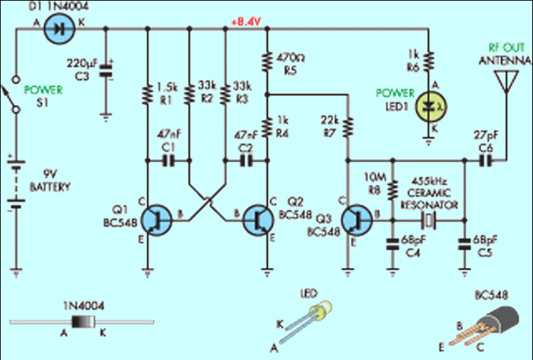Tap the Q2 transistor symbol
tap(256, 220)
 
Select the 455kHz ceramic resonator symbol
tap(429, 221)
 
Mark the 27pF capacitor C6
tap(486, 161)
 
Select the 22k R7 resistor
tap(348, 126)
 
